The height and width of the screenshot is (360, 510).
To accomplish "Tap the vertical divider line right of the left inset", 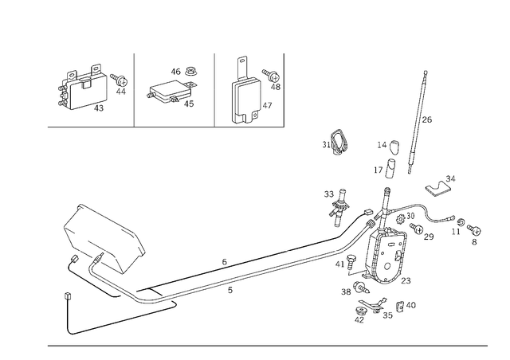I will (x=133, y=88).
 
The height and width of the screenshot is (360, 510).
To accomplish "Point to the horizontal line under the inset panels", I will (x=159, y=126).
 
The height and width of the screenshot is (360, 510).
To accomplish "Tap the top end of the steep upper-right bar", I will (x=426, y=72).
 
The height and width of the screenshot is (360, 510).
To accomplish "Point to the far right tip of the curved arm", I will (x=478, y=236).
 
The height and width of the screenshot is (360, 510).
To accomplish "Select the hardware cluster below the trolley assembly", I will (x=379, y=307).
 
